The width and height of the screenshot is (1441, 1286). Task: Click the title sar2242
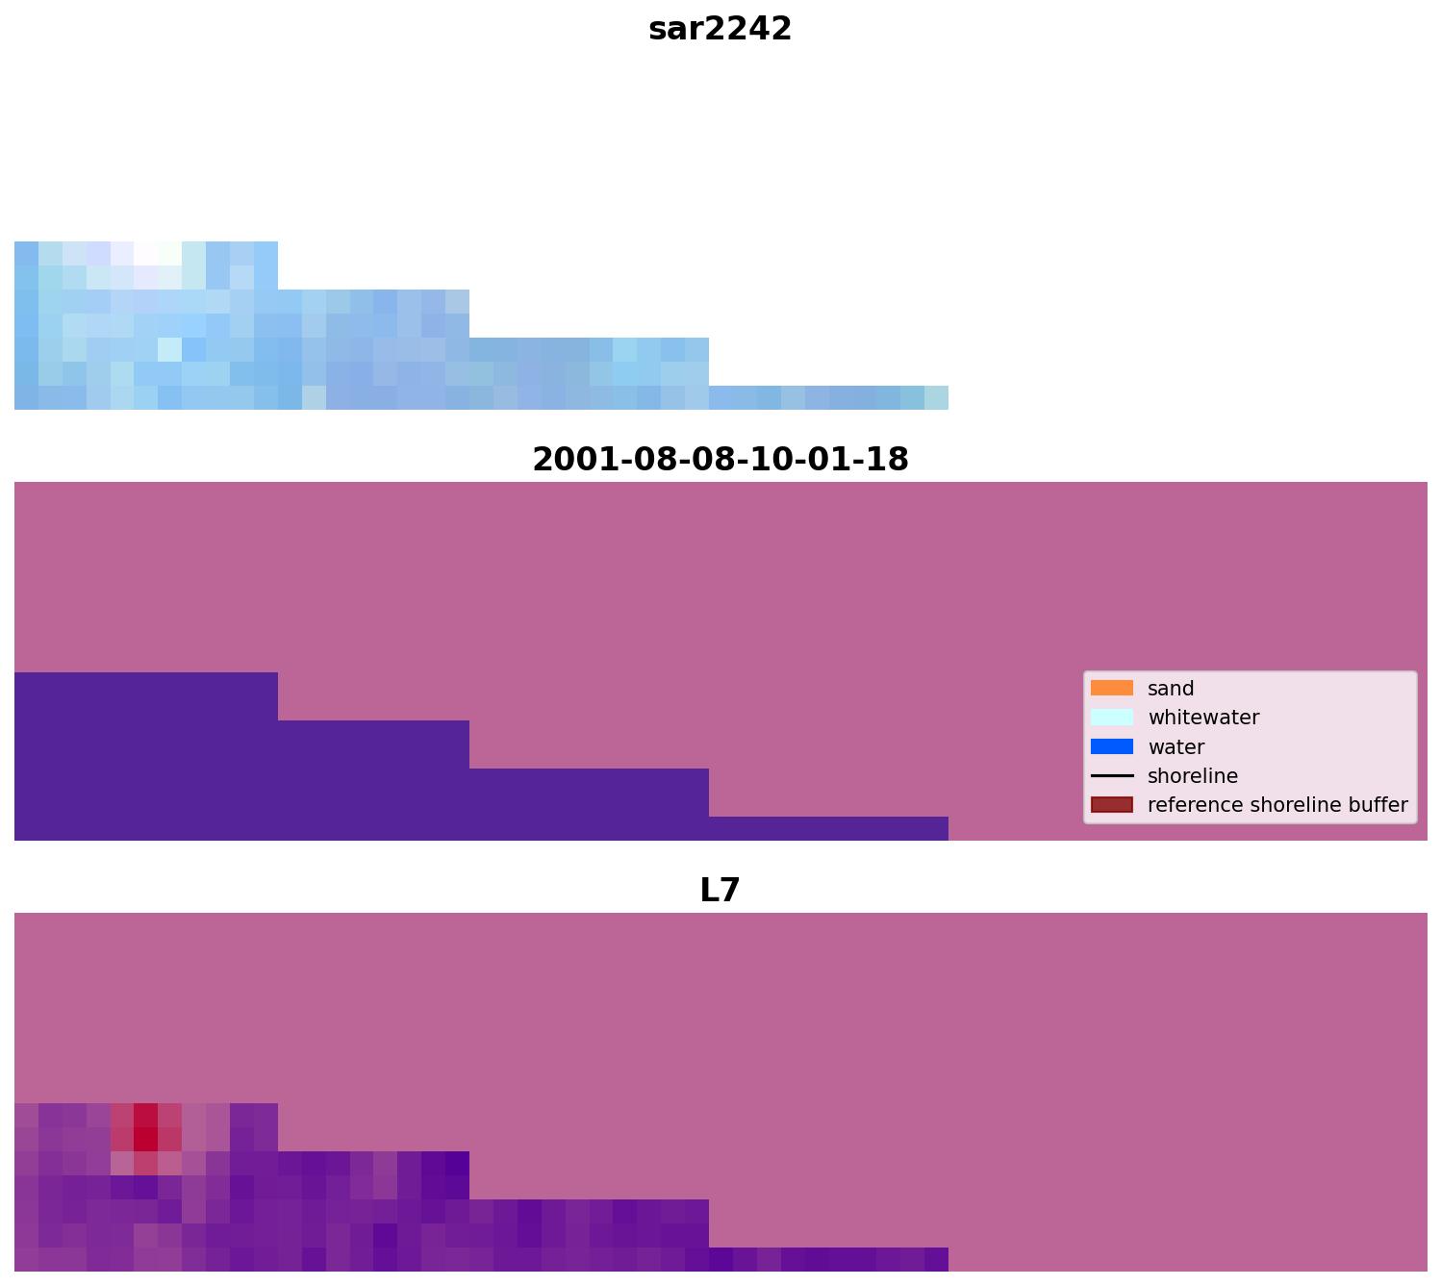pyautogui.click(x=720, y=29)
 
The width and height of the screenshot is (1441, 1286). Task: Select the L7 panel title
pyautogui.click(x=720, y=891)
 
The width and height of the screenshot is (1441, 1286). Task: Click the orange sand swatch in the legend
pyautogui.click(x=1111, y=689)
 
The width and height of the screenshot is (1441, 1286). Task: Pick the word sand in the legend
pyautogui.click(x=1171, y=689)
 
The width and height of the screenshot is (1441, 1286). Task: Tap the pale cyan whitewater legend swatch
pyautogui.click(x=1111, y=718)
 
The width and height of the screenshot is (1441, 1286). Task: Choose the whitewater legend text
pyautogui.click(x=1203, y=718)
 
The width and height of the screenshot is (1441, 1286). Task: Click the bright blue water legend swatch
pyautogui.click(x=1111, y=746)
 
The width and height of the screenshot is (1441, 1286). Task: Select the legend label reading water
pyautogui.click(x=1176, y=747)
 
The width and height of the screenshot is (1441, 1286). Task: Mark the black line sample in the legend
pyautogui.click(x=1111, y=776)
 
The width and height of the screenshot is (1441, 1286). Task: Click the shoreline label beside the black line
pyautogui.click(x=1193, y=776)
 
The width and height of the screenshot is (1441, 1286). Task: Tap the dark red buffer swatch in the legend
pyautogui.click(x=1111, y=805)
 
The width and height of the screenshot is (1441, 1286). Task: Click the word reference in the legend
pyautogui.click(x=1189, y=805)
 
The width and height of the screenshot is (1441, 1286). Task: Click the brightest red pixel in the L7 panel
pyautogui.click(x=145, y=1139)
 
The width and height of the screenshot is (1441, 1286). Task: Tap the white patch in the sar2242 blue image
pyautogui.click(x=145, y=254)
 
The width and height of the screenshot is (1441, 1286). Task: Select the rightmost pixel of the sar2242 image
pyautogui.click(x=936, y=397)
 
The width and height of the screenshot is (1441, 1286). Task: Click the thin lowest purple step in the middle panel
pyautogui.click(x=828, y=828)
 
